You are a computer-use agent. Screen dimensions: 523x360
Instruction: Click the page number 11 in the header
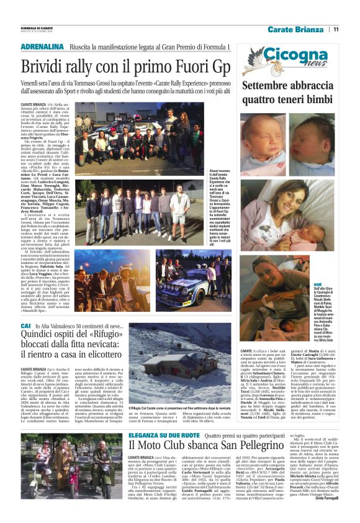336,29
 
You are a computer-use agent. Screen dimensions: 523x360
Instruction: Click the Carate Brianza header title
296,29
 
